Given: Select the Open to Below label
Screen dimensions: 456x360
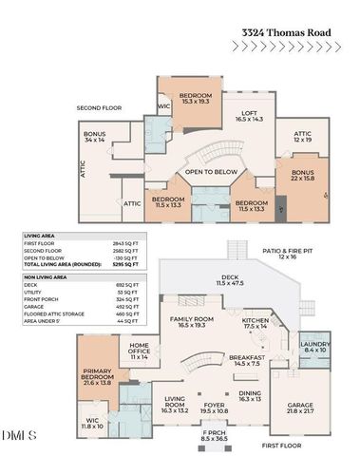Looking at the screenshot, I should (210, 172).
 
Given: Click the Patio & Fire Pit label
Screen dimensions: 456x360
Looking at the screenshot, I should (281, 254).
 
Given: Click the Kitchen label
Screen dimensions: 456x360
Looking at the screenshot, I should (256, 323).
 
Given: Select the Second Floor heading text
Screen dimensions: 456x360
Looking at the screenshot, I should (100, 108).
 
